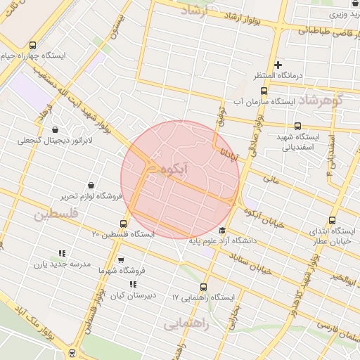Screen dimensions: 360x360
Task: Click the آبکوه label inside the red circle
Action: click(172, 169)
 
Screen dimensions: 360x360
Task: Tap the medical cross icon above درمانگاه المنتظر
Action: click(278, 65)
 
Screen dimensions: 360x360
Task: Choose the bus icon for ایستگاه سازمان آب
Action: click(264, 91)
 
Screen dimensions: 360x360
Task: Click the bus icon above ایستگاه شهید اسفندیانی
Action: click(298, 127)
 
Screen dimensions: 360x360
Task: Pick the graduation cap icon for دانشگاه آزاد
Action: click(223, 231)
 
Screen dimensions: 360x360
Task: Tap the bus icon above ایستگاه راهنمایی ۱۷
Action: click(203, 287)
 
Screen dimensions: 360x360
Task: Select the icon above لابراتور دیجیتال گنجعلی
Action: click(56, 129)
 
